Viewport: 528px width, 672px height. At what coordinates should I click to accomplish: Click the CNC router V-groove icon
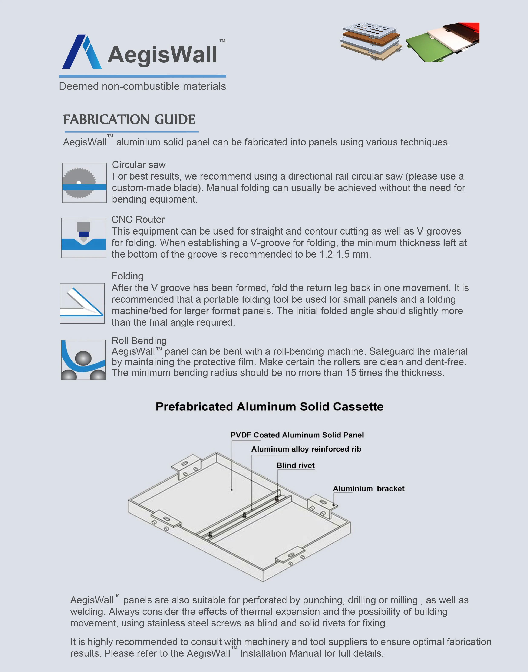83,237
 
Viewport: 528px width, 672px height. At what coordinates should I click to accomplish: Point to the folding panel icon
82,303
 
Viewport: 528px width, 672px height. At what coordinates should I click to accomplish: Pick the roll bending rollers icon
83,360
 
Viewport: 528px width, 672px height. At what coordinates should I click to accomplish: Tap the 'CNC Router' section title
138,220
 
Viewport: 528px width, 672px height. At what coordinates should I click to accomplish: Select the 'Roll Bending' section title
139,341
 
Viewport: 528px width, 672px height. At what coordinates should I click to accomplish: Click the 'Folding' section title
127,276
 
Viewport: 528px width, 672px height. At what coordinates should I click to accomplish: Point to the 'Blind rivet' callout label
296,465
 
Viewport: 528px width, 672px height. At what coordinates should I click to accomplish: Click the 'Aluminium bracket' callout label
369,489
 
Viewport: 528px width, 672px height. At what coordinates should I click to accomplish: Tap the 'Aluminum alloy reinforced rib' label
306,449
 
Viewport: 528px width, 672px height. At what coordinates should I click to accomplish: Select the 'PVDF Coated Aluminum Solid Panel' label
297,435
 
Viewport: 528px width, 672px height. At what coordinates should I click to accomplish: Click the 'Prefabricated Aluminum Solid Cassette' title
269,407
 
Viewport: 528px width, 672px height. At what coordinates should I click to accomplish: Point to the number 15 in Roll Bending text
351,373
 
